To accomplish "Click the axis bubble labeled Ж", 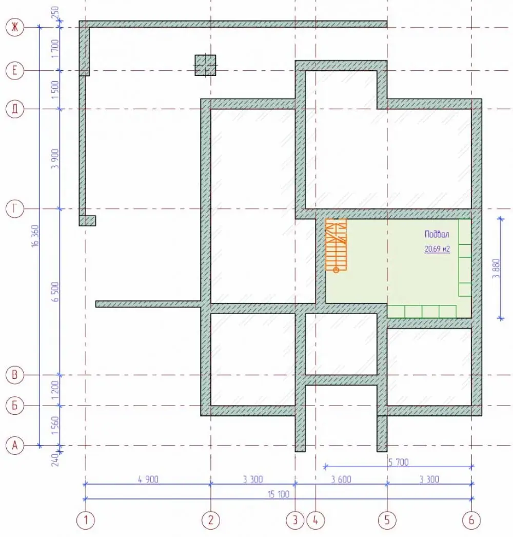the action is (15, 27).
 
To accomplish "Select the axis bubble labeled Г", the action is (15, 208).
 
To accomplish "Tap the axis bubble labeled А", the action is (15, 446).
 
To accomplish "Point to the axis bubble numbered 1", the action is (86, 520).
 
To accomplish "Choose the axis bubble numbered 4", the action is (315, 520).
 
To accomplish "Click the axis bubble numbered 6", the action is (471, 520).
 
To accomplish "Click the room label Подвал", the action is (437, 234).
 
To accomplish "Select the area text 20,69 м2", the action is (437, 249).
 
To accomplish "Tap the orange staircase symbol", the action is (336, 245).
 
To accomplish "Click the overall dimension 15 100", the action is (279, 494).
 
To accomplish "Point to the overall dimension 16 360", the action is (35, 236).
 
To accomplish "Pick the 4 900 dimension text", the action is (148, 479).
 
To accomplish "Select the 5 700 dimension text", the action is (399, 463).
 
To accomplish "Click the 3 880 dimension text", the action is (496, 268).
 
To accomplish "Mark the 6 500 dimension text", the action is (55, 292).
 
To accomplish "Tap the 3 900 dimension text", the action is (55, 159).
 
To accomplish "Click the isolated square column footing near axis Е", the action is (205, 65).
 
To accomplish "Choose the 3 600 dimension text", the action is (341, 479).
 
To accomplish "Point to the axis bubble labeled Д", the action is (15, 109).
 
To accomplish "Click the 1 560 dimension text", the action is (55, 426).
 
